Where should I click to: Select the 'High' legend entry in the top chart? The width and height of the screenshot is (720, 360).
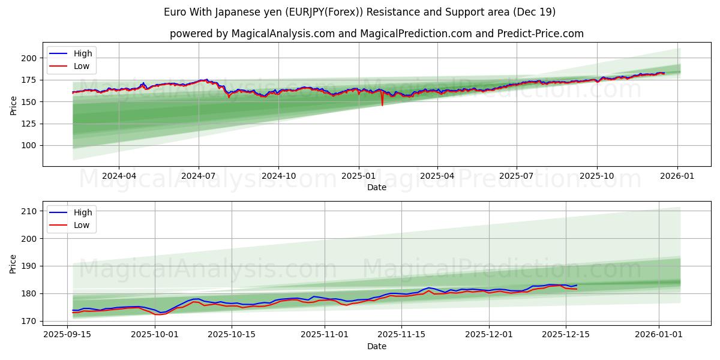[83, 54]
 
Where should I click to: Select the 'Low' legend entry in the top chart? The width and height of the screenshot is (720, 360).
[82, 66]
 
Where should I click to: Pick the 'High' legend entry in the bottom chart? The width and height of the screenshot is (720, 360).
[83, 212]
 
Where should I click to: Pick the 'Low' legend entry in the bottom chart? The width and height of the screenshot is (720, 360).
[82, 225]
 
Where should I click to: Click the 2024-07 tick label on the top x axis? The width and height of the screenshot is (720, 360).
[199, 176]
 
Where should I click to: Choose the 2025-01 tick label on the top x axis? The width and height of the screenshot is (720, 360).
[358, 176]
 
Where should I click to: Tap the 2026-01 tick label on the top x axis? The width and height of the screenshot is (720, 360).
[677, 176]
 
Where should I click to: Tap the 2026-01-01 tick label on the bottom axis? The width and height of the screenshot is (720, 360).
[659, 334]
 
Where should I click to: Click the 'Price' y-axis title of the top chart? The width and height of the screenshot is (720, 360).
[13, 106]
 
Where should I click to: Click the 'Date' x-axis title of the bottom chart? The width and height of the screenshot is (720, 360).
[376, 346]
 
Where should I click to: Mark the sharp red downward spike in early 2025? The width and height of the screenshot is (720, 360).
[382, 105]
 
